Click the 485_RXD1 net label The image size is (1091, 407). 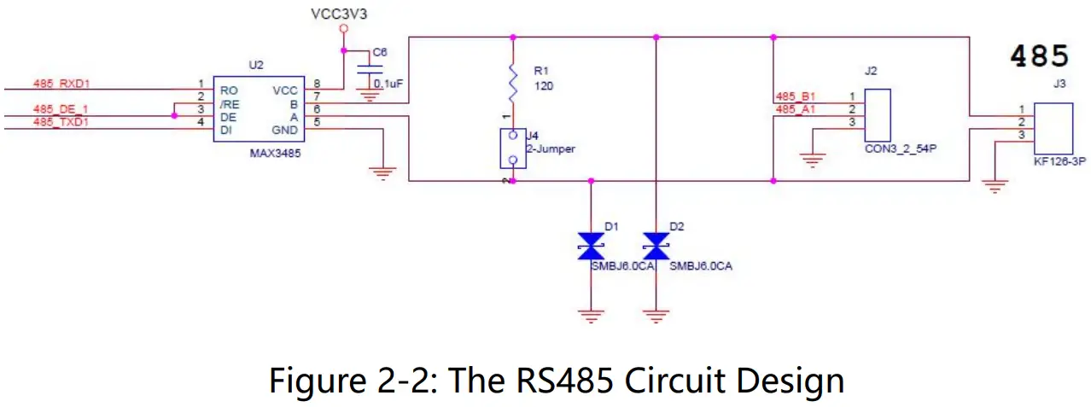pos(61,84)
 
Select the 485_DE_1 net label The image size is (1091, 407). pos(61,109)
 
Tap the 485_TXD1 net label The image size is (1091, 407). pos(61,123)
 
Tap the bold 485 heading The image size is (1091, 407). pos(1039,56)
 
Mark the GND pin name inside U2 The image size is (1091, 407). pos(284,130)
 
